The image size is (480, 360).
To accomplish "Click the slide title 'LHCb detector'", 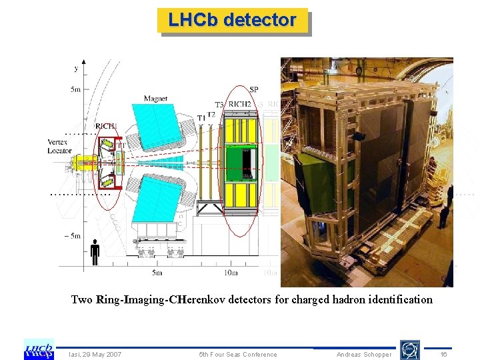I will coord(232,20).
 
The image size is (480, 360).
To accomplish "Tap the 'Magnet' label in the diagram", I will coord(155,99).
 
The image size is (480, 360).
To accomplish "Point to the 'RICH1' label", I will coord(105,127).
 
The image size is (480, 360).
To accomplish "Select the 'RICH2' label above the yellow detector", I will coord(240,105).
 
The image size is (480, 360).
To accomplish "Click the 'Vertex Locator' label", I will coord(60,147).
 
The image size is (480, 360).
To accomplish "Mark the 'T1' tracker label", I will coord(201,117).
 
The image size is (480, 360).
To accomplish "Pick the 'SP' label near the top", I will coord(254,89).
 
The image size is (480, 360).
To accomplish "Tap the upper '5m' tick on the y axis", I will coord(75,89).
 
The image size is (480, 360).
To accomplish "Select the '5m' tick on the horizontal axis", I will coord(157,273).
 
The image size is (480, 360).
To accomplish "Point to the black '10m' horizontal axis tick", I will coord(230,273).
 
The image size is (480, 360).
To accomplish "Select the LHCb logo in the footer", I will coord(39,349).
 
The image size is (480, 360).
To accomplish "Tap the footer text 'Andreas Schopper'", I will coord(364,355).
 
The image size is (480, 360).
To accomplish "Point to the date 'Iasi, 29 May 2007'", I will coord(95,355).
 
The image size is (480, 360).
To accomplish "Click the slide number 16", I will coord(443,355).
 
